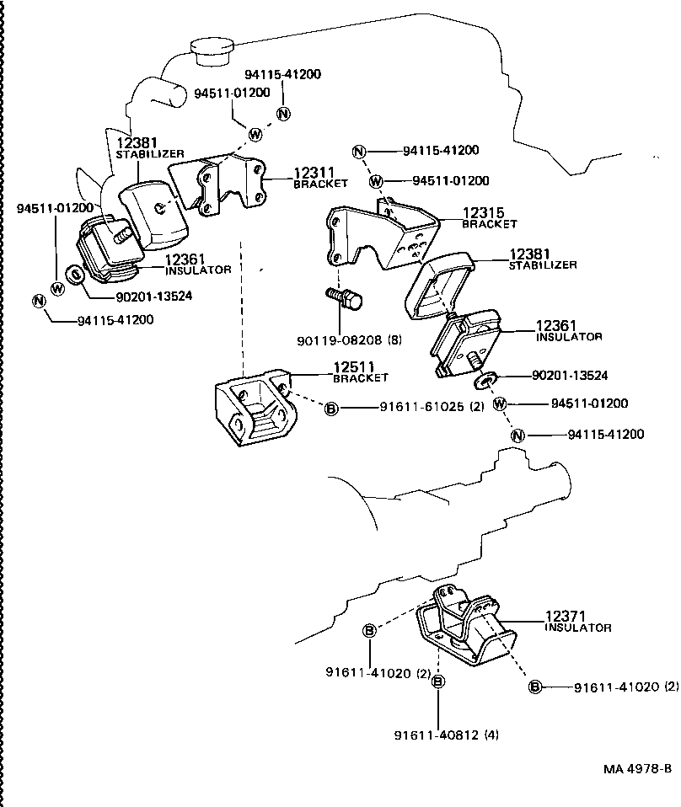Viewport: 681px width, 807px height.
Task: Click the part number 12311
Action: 314,174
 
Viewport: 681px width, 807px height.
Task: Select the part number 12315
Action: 482,215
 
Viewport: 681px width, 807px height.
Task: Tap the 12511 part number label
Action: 354,368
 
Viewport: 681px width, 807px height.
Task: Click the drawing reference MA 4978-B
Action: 637,768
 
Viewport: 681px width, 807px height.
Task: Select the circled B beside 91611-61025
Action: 331,409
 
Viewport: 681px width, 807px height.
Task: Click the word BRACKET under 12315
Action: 489,225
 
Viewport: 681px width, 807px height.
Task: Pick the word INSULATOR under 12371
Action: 578,628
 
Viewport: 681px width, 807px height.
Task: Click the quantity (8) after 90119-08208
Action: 394,341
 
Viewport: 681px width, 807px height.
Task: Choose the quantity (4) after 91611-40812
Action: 491,735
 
